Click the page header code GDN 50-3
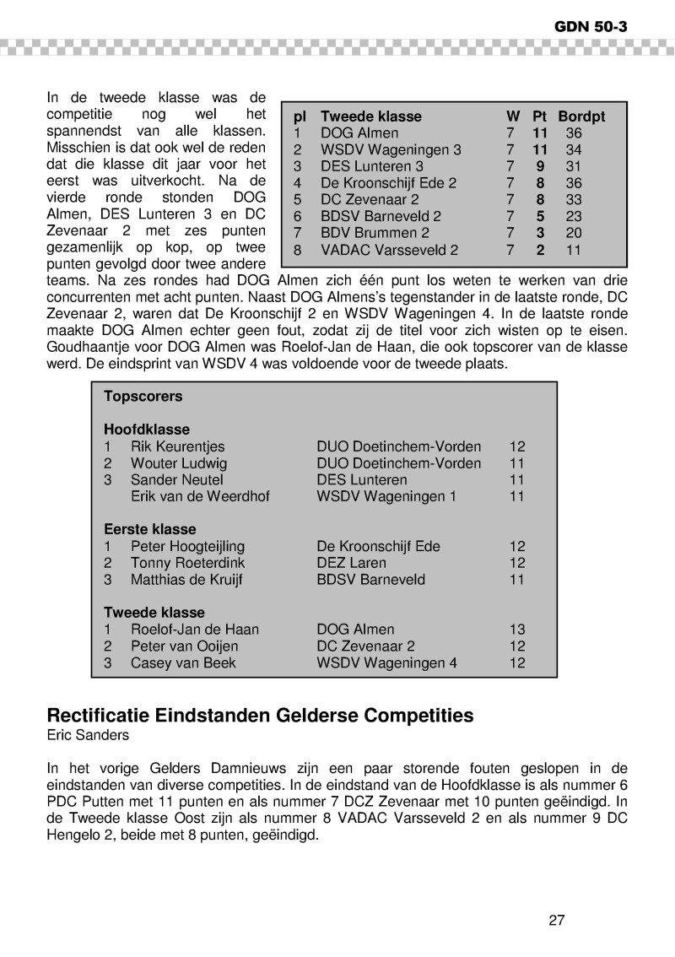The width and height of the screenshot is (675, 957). point(591,25)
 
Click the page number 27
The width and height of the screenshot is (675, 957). point(556,920)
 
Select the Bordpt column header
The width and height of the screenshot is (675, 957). point(581,116)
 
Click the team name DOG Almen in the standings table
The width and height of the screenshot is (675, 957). point(359,133)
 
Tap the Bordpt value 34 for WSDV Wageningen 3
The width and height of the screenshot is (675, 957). point(574,150)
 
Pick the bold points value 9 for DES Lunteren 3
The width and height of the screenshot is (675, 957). point(540,166)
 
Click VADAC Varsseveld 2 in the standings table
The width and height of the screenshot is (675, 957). point(390,250)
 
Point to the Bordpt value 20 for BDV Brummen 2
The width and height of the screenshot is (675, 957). point(574,233)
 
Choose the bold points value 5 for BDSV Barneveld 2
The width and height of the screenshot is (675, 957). point(540,216)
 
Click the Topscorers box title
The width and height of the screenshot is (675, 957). point(143,396)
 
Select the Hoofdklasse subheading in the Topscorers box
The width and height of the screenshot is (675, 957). point(147,430)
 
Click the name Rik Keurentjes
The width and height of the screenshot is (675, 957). point(178,446)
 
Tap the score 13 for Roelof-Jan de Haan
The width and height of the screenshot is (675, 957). point(517,630)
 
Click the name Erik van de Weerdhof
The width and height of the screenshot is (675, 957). point(200,496)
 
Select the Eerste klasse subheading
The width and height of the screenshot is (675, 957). point(149,529)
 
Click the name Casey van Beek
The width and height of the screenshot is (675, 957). point(183,662)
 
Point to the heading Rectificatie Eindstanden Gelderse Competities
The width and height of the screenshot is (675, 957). point(260,716)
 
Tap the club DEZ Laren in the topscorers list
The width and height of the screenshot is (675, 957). point(351,563)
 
